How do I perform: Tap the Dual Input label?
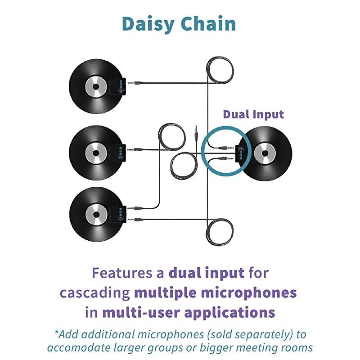coord(253,114)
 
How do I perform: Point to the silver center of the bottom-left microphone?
coord(96,213)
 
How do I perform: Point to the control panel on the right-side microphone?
coord(240,153)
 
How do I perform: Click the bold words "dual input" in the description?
coord(206,273)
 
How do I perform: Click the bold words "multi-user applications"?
coord(189,312)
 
